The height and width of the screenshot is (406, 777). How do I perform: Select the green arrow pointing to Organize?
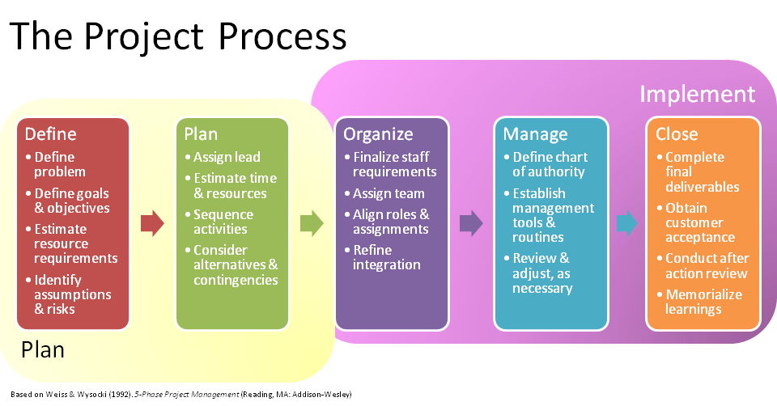click(x=312, y=223)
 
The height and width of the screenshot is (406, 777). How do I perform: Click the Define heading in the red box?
click(x=50, y=134)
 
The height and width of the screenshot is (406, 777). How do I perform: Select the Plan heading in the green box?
click(x=201, y=134)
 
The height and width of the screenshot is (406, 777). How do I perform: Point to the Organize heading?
click(x=378, y=134)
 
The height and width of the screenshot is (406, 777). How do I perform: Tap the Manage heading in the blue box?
click(x=535, y=134)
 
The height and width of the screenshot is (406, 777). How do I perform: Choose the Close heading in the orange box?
click(x=677, y=134)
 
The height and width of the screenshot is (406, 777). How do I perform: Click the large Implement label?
click(x=697, y=94)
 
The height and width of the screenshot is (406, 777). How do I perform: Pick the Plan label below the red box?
click(x=42, y=350)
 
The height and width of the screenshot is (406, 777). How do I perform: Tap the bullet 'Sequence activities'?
click(x=223, y=222)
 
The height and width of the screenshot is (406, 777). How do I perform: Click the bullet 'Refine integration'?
click(x=387, y=257)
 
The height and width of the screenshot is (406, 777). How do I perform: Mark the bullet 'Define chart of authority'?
click(x=550, y=164)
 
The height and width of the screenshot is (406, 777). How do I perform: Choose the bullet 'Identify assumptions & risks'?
click(x=73, y=294)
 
